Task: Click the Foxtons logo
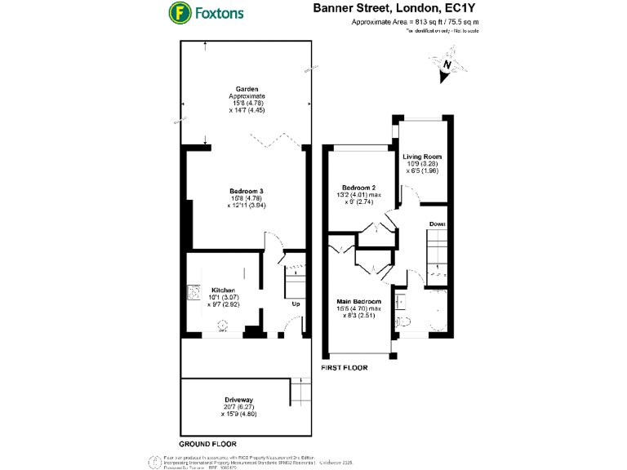click(205, 13)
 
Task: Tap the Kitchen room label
click(224, 290)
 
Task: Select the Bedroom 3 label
click(245, 191)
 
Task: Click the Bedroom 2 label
click(358, 187)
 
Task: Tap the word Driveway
click(245, 399)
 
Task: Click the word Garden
click(247, 88)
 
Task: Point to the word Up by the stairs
click(296, 304)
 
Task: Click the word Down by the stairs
click(438, 223)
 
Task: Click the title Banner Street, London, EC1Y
click(396, 9)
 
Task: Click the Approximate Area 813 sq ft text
click(415, 22)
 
